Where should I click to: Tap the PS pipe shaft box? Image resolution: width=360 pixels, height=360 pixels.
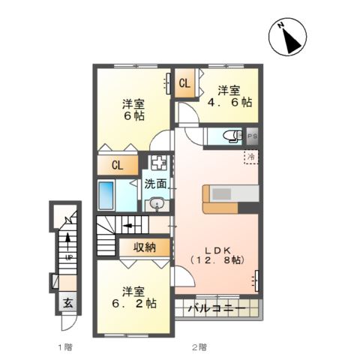[253, 136]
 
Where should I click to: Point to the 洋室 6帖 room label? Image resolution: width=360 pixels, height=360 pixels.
[134, 111]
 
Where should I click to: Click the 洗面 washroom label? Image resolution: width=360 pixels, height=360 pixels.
[155, 183]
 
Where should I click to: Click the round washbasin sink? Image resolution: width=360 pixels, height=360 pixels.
[157, 203]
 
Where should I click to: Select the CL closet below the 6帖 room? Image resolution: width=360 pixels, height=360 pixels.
[117, 165]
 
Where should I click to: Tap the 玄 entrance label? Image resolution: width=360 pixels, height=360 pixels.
[67, 304]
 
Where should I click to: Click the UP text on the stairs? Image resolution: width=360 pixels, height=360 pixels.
[67, 258]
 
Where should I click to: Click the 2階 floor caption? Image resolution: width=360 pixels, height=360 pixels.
[198, 347]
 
